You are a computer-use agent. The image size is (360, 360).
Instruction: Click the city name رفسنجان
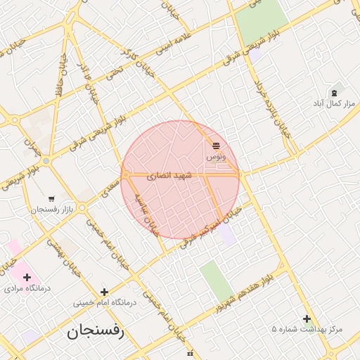point(96,331)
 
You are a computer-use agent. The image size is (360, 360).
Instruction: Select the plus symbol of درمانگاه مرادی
point(27,277)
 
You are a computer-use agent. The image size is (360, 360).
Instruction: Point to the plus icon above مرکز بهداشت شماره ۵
point(307,319)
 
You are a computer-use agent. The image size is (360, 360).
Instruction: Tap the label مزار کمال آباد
point(335,103)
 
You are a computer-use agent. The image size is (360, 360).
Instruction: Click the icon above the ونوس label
point(216,146)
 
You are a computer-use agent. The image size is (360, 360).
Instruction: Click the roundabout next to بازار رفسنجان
point(82,208)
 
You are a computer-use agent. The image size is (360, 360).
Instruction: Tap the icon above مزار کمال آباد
point(334,92)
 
